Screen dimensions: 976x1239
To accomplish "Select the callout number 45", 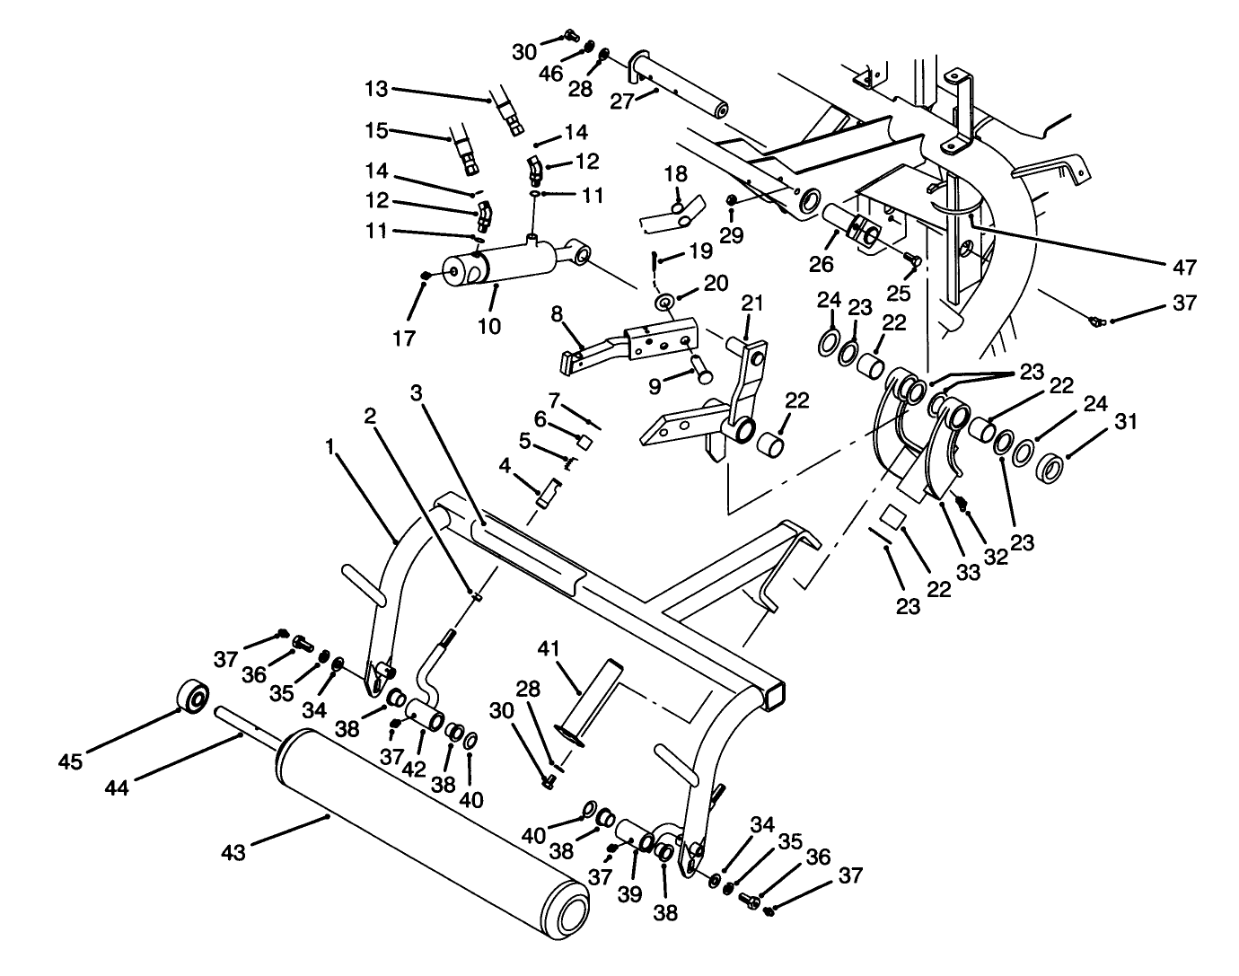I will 71,761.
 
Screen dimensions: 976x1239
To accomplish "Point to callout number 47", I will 1184,267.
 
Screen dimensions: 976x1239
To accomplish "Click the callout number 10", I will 489,325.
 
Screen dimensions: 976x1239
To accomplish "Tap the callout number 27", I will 621,101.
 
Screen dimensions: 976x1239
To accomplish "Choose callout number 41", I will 549,647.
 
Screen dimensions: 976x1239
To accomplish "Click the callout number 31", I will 1126,421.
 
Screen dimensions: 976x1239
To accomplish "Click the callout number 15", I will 376,130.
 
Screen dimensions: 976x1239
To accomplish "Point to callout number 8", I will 557,313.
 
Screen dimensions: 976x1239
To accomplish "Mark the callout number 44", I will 118,787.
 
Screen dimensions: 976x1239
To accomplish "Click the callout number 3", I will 416,392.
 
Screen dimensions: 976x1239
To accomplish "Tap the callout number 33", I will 968,571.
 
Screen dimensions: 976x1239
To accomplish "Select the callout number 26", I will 822,264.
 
